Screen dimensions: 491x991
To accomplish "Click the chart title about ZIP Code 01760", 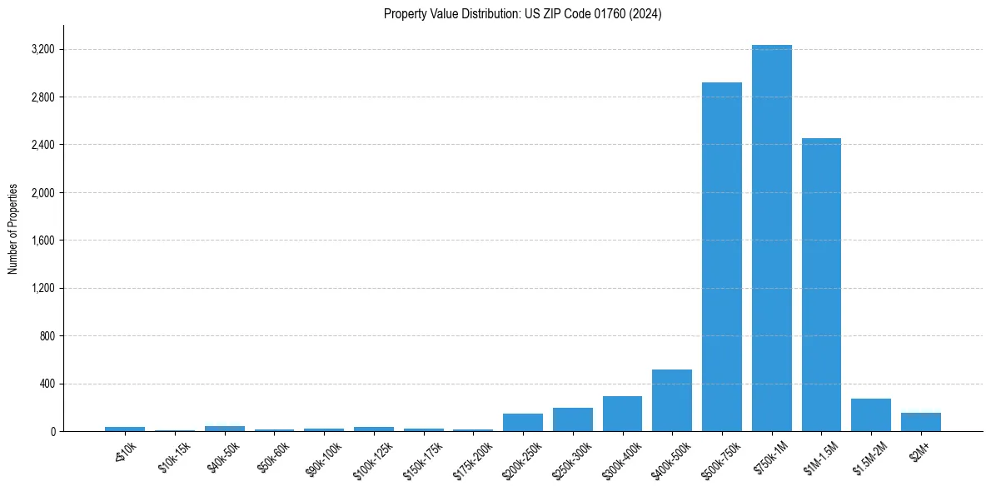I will coord(522,14).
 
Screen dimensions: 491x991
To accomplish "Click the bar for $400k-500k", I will coord(671,400).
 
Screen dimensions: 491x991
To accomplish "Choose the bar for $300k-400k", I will coord(622,414).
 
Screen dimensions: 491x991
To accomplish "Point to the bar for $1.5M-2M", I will coord(870,414).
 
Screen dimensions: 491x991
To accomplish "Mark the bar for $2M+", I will coord(920,422).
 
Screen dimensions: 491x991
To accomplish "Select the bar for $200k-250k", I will coord(522,422).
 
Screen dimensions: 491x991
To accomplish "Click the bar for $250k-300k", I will coord(572,419).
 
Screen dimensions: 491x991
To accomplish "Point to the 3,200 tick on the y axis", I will coord(42,50).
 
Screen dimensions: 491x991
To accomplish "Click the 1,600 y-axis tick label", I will coord(42,241).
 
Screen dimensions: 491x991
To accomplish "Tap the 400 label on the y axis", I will coord(46,384).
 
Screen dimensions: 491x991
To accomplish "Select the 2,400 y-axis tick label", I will coord(42,146).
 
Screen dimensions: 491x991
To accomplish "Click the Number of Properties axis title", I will coord(13,229).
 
